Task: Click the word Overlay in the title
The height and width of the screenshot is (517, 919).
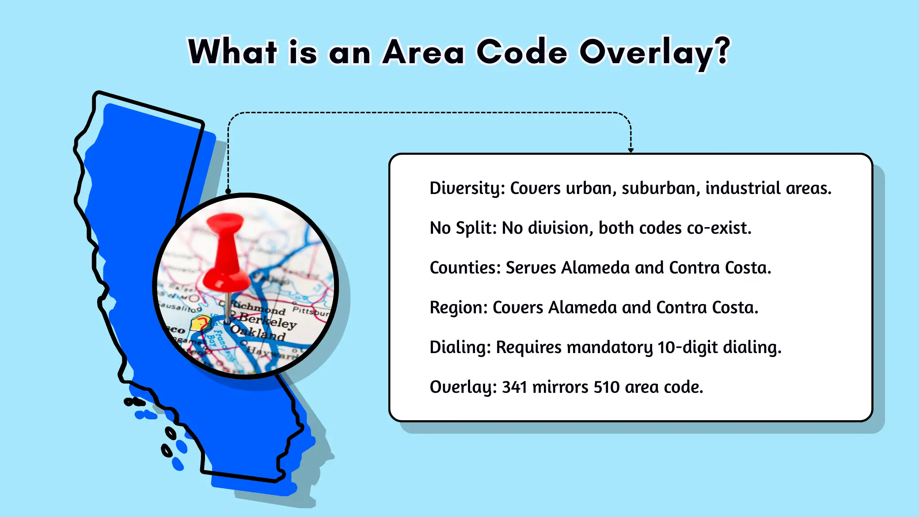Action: pyautogui.click(x=646, y=52)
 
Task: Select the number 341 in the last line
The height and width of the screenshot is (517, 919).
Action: pyautogui.click(x=514, y=387)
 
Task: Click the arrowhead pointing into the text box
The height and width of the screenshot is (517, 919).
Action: pyautogui.click(x=630, y=150)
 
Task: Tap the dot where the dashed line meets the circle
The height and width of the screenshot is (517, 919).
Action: pyautogui.click(x=228, y=191)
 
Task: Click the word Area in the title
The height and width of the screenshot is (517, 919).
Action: pyautogui.click(x=423, y=52)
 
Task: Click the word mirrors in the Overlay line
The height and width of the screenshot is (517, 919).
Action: pyautogui.click(x=560, y=387)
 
